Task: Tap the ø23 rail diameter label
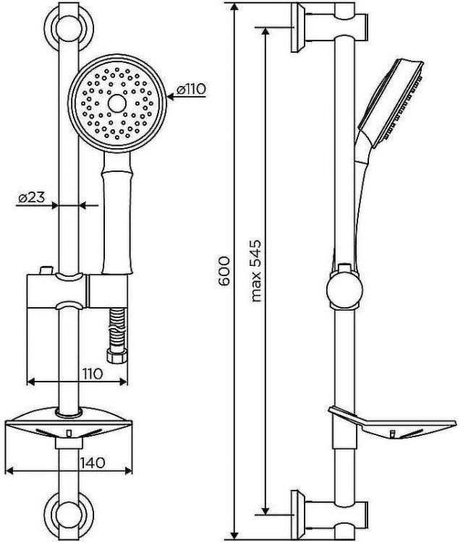coord(32,197)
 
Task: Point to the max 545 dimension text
coord(255,270)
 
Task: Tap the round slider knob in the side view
coord(343,291)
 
